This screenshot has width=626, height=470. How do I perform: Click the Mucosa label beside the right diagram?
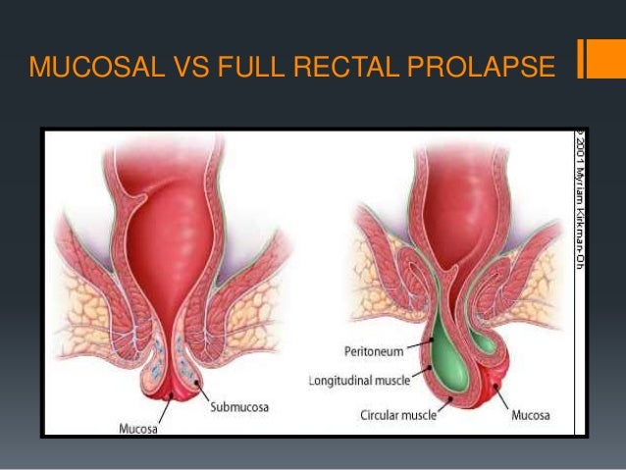pyautogui.click(x=537, y=416)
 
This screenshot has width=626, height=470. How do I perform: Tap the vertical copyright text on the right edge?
pyautogui.click(x=580, y=206)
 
